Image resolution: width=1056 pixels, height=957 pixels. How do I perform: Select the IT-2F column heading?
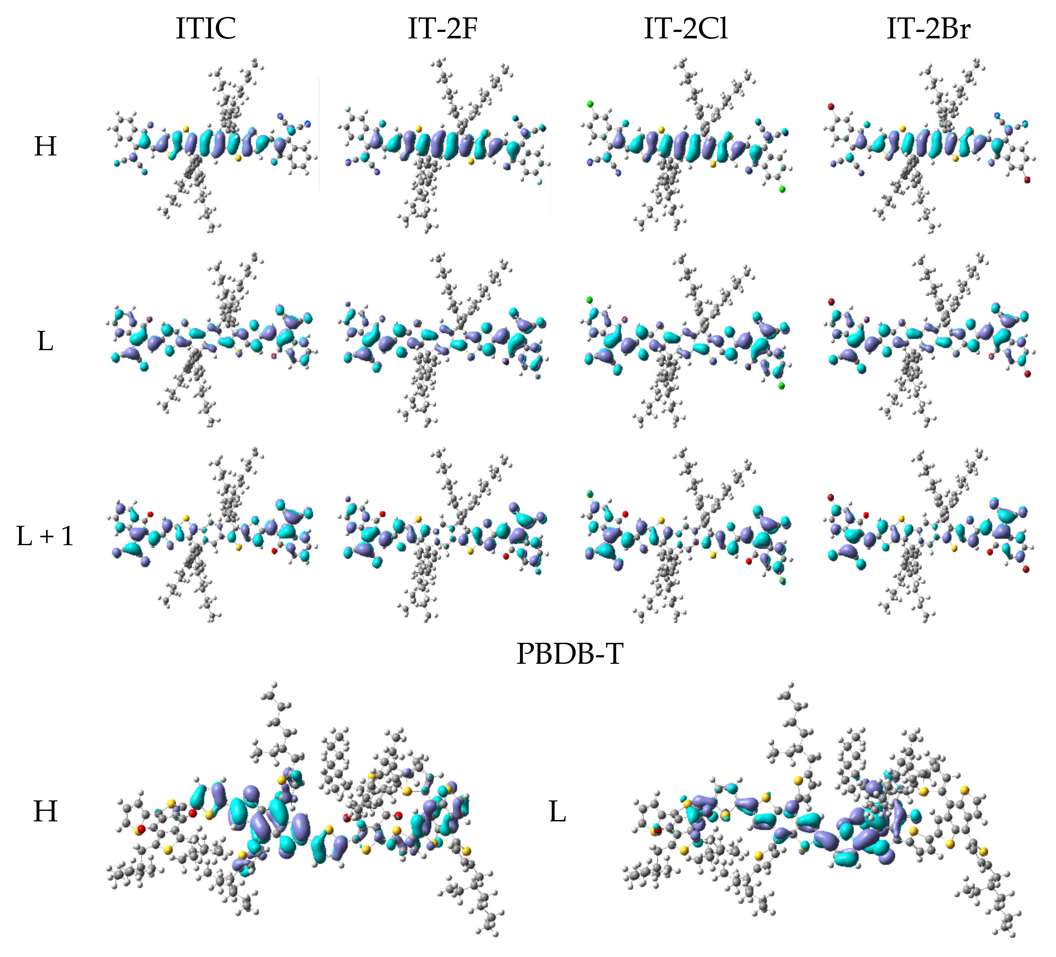(443, 29)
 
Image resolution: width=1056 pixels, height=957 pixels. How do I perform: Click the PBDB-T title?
(570, 654)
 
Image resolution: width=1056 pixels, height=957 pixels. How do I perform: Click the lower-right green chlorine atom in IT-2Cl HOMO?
(782, 189)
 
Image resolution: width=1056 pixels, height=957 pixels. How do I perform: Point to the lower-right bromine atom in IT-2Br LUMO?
(1027, 374)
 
